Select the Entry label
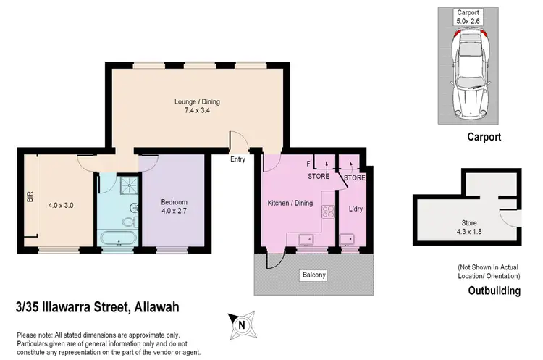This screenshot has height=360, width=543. [237, 159]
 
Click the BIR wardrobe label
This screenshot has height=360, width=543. [30, 196]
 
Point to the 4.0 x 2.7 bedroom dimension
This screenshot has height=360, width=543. [174, 212]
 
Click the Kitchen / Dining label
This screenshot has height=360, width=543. [290, 203]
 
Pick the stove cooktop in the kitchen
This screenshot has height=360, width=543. [327, 212]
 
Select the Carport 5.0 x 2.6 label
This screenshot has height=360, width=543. [466, 17]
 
